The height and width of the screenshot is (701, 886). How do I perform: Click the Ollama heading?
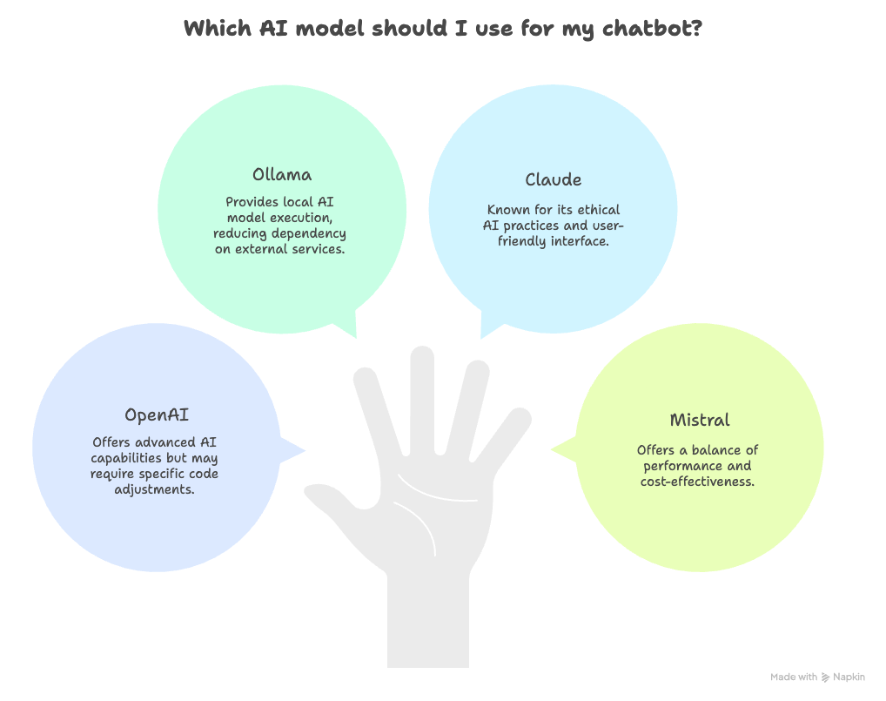[x=282, y=174]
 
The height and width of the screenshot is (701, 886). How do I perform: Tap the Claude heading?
[x=554, y=179]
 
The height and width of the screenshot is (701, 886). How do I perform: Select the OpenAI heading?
[x=157, y=415]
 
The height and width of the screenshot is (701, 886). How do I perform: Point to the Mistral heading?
[x=700, y=420]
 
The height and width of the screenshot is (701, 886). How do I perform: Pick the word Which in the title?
[x=218, y=28]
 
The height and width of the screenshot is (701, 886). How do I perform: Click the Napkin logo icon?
[x=825, y=677]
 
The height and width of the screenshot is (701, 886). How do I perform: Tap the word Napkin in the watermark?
[x=849, y=677]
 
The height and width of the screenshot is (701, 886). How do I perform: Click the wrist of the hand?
[x=428, y=622]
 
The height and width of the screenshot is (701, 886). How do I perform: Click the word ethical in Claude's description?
[x=599, y=210]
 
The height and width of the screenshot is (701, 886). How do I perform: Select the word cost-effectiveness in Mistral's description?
[x=697, y=482]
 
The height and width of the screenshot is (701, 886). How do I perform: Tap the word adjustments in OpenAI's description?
[x=154, y=489]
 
